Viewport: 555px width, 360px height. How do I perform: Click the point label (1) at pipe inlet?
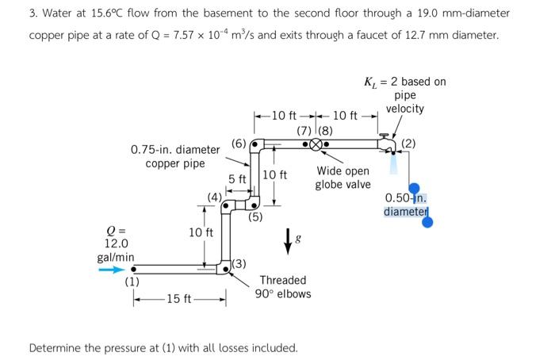[x=131, y=281]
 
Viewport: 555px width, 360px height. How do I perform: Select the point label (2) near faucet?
[x=408, y=143]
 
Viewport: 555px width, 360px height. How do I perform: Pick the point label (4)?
[x=215, y=197]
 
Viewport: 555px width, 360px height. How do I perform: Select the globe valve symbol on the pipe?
[x=316, y=145]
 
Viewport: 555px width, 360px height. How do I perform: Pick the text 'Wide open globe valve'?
[x=343, y=178]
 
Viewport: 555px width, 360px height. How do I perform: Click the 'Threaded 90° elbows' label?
[x=282, y=287]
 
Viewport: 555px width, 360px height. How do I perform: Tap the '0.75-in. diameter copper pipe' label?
[x=175, y=156]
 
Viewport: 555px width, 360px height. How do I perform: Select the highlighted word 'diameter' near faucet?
[x=405, y=212]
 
